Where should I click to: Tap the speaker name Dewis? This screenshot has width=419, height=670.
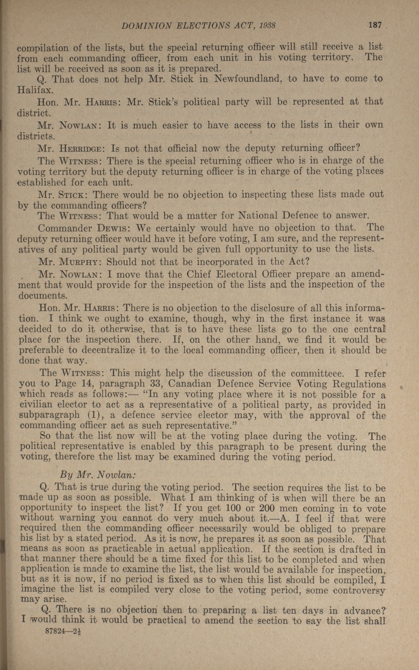tap(113, 228)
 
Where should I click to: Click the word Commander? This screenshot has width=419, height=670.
tap(64, 228)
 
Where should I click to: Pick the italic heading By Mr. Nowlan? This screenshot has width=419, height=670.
tap(98, 474)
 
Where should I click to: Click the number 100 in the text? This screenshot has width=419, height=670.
tap(234, 508)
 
